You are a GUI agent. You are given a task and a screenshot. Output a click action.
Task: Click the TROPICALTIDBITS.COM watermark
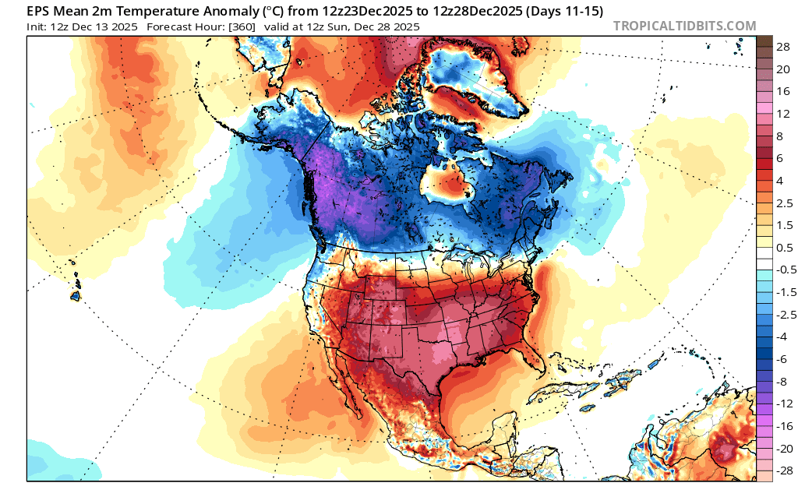coord(684,26)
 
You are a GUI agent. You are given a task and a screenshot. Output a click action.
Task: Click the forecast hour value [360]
coord(242,26)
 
